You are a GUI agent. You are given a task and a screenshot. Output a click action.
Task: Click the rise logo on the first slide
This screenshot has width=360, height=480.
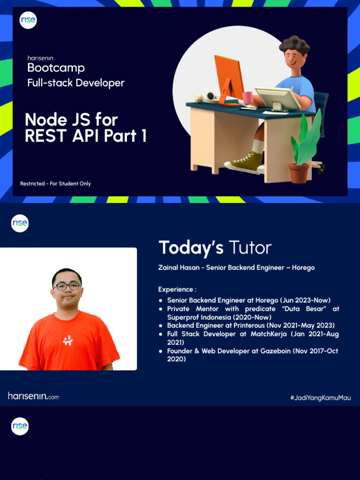coord(28,21)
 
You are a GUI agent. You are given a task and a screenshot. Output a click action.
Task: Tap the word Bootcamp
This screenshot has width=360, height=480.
coord(56,68)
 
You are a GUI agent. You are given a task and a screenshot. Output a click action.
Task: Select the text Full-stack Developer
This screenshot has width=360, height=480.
coord(75,83)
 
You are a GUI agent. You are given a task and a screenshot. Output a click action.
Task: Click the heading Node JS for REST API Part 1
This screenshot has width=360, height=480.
coord(85,127)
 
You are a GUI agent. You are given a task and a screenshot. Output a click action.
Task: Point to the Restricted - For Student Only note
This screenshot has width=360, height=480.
coord(55,184)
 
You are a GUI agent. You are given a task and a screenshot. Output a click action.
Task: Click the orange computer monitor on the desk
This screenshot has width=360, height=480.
coord(229,77)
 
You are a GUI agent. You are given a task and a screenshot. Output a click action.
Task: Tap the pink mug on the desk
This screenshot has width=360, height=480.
coord(248,98)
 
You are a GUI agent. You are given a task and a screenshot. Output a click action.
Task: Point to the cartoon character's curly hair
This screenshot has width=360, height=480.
coord(294,45)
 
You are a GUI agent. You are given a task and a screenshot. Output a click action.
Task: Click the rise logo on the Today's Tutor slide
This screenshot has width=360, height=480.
coord(20,223)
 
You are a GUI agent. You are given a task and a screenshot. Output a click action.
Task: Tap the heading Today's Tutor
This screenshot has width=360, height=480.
coord(215,247)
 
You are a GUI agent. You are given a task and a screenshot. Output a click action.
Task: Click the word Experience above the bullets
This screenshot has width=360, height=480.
coord(177,289)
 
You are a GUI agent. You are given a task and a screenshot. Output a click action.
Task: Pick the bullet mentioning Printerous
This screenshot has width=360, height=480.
coord(251,325)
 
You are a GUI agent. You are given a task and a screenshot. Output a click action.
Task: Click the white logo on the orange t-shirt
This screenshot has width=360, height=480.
coord(67,341)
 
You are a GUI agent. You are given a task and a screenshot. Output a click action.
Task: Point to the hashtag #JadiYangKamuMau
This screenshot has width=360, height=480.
coord(321,397)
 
